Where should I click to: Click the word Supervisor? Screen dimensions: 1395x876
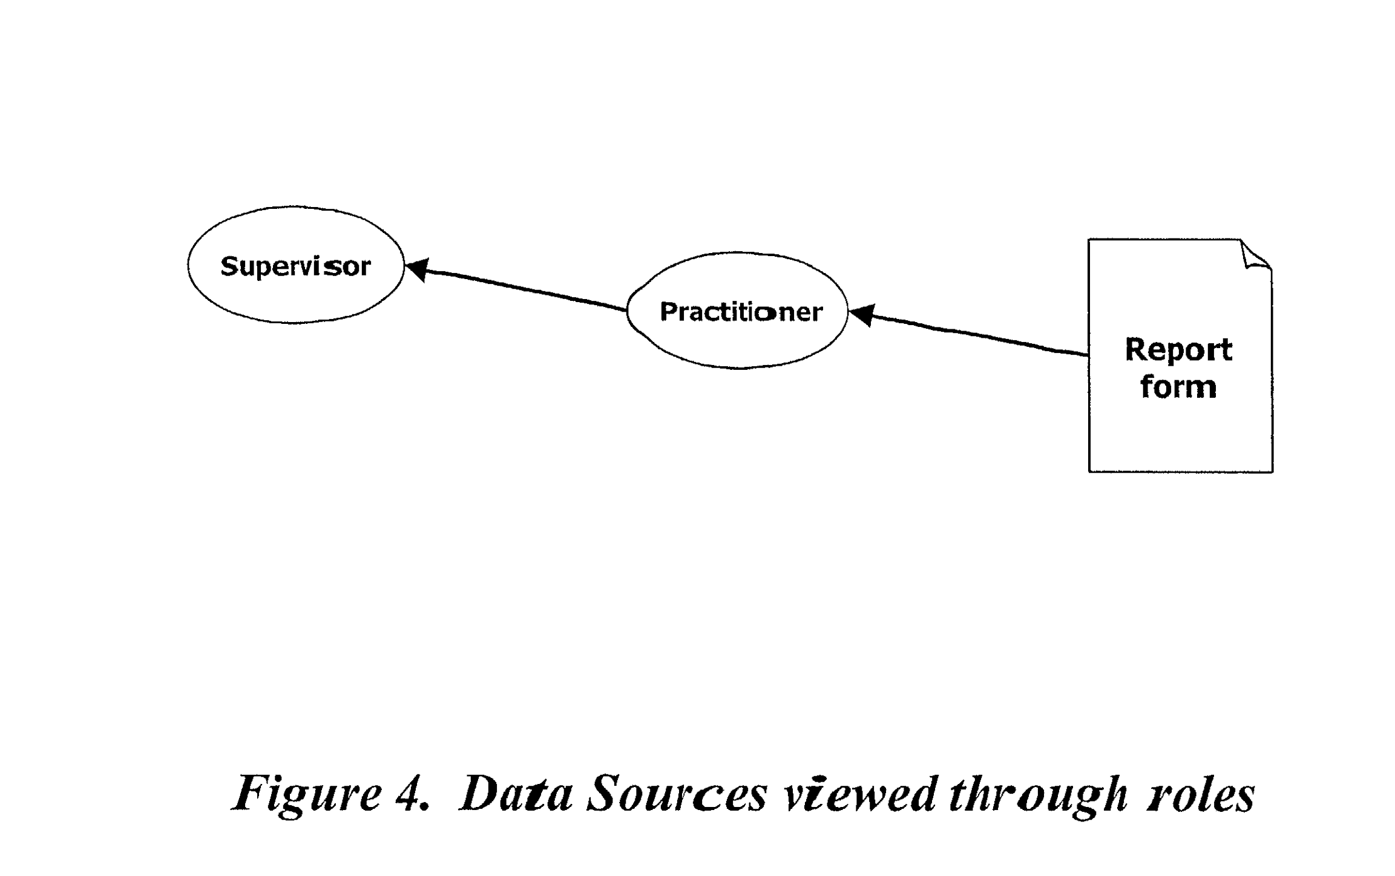pyautogui.click(x=295, y=266)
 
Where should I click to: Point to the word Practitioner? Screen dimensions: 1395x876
pyautogui.click(x=741, y=312)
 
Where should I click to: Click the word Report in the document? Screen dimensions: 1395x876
pyautogui.click(x=1178, y=350)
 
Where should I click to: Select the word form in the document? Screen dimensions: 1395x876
pyautogui.click(x=1178, y=387)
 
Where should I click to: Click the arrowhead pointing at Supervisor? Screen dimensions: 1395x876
pyautogui.click(x=417, y=269)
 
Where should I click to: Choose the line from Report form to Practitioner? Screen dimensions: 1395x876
pyautogui.click(x=968, y=333)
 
